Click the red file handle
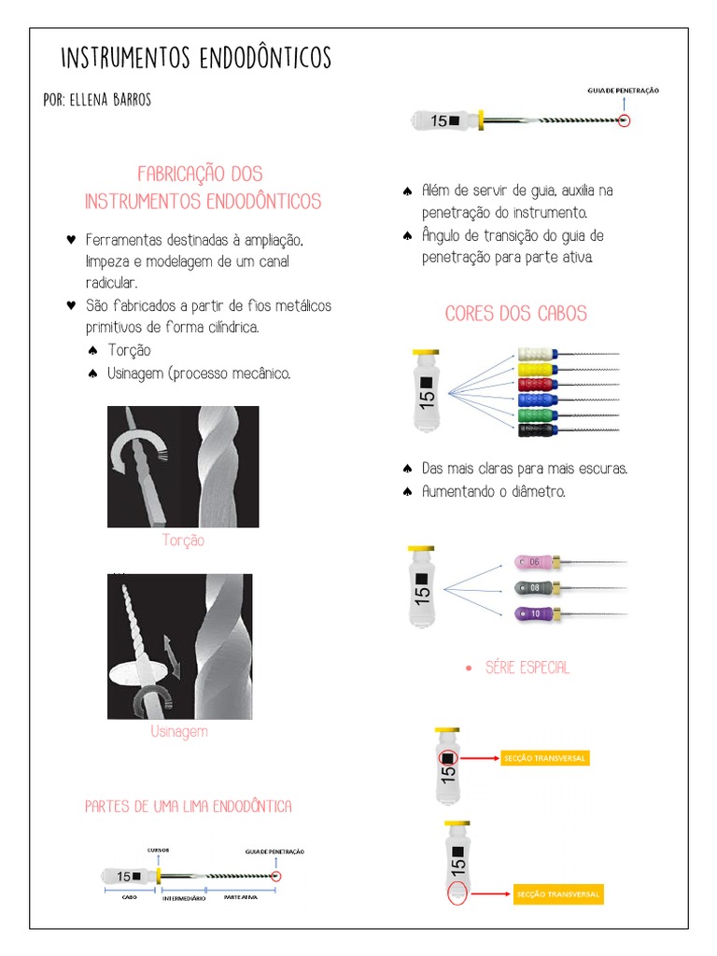click(536, 384)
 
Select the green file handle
click(536, 414)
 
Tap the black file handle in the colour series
click(536, 429)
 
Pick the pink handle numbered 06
click(532, 563)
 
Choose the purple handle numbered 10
click(532, 613)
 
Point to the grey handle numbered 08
click(532, 588)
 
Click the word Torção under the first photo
click(183, 541)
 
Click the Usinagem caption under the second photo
click(179, 732)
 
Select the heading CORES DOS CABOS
click(516, 314)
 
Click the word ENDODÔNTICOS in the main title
click(265, 60)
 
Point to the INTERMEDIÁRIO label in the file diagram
click(184, 898)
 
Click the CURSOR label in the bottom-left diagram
click(158, 851)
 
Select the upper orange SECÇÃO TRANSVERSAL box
click(544, 758)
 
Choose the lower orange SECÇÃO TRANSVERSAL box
click(558, 894)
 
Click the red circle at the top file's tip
click(625, 120)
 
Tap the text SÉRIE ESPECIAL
click(527, 668)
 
